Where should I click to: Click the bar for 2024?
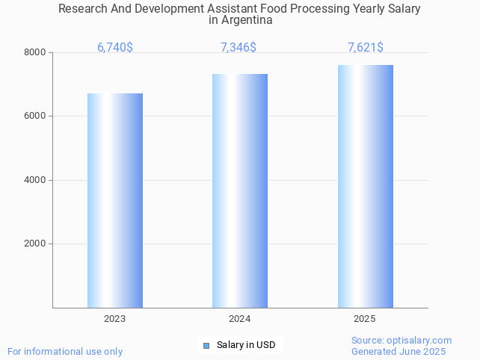click(240, 190)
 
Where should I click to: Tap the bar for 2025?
click(365, 186)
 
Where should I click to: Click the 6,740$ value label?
click(115, 48)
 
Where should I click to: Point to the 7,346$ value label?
click(239, 48)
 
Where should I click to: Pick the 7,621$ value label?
click(366, 48)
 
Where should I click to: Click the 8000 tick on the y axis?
click(35, 53)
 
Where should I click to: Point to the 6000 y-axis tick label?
click(35, 117)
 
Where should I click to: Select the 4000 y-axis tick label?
click(35, 180)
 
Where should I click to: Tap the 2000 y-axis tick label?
click(35, 244)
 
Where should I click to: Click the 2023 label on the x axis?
click(115, 319)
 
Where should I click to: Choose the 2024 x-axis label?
click(240, 319)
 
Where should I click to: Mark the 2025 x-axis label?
click(365, 319)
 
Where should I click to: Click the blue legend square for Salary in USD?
click(206, 345)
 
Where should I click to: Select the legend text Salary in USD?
click(246, 345)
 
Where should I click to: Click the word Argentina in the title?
click(240, 20)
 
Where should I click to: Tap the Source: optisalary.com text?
click(401, 341)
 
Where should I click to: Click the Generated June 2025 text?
click(399, 352)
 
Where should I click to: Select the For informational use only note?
click(65, 352)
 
